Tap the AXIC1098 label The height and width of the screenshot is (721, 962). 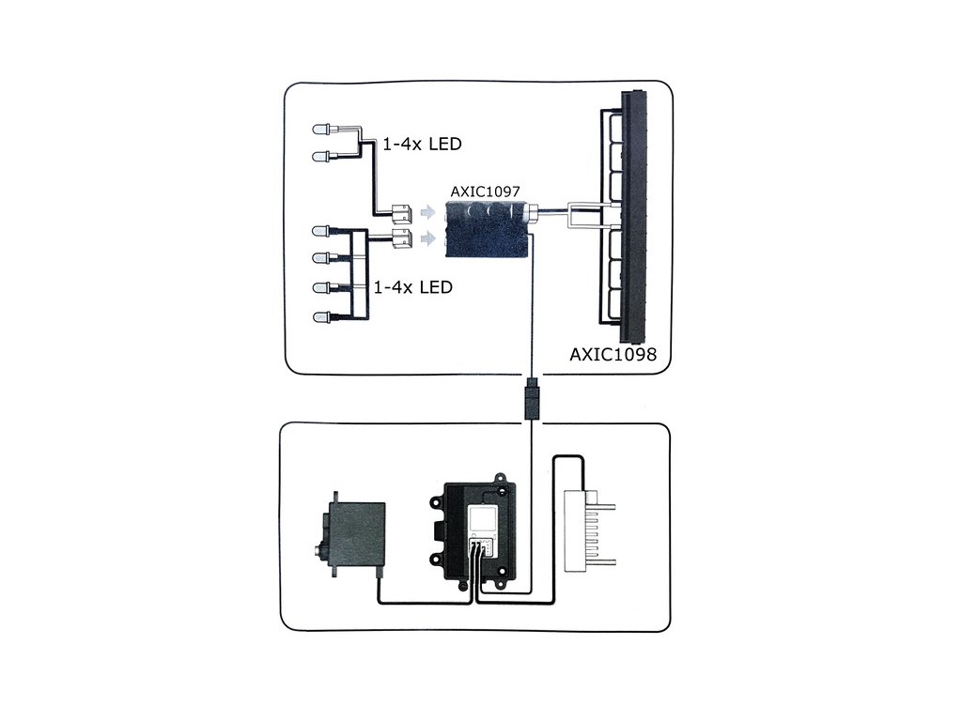[x=613, y=355]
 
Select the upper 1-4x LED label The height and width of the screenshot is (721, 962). [x=422, y=145]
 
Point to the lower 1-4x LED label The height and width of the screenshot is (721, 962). [x=412, y=286]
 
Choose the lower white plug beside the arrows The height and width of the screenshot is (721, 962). [x=402, y=238]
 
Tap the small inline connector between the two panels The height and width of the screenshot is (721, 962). [x=533, y=399]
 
